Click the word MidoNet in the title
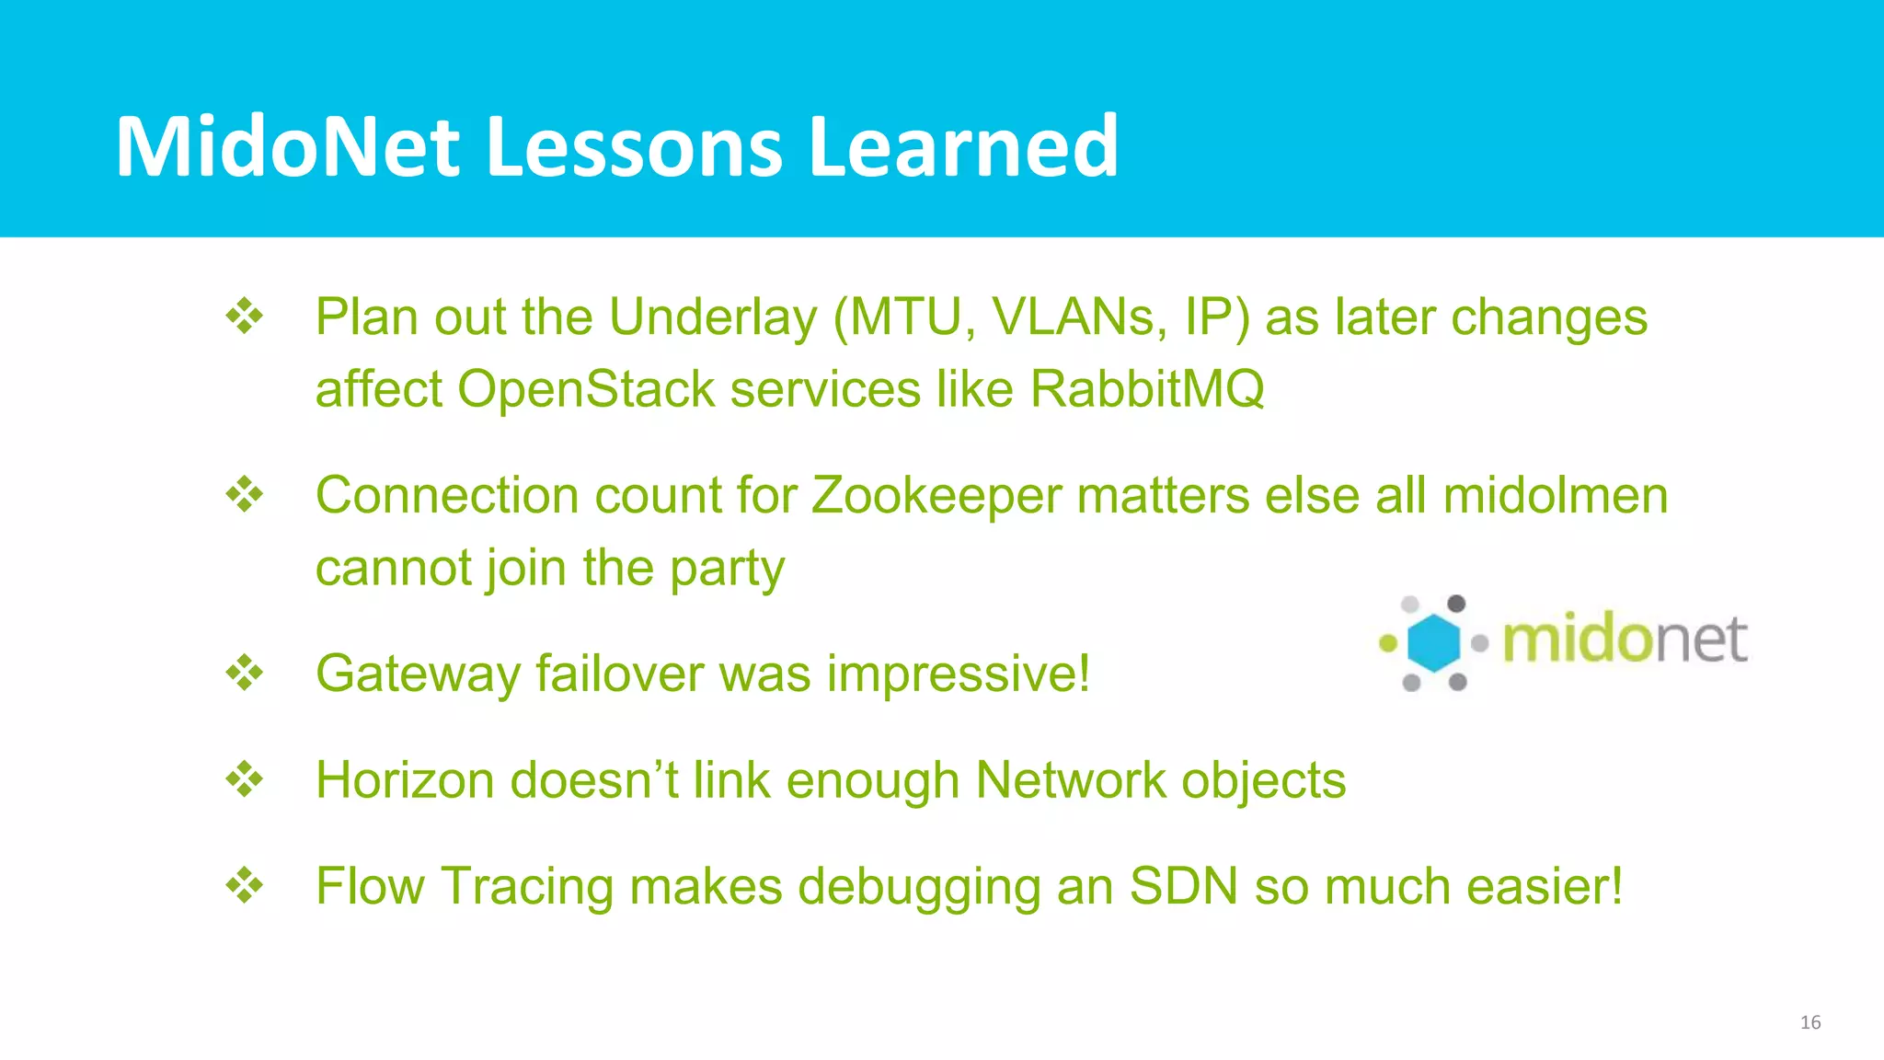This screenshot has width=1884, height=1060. pos(287,147)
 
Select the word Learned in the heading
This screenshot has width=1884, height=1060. pos(963,147)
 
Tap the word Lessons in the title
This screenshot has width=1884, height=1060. pos(634,147)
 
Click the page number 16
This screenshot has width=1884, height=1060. pos(1809,1022)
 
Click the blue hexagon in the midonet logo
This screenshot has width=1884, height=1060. pos(1434,642)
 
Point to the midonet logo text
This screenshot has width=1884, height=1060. pos(1625,640)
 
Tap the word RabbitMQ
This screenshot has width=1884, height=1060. pos(1146,389)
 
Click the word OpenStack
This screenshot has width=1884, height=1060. pos(586,389)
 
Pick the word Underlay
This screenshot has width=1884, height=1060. pos(713,317)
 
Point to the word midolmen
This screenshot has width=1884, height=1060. pos(1555,496)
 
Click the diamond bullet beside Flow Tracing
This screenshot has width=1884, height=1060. pos(245,886)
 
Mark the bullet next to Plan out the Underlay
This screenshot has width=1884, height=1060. pos(245,317)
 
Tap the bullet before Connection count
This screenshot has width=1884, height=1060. pos(245,495)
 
